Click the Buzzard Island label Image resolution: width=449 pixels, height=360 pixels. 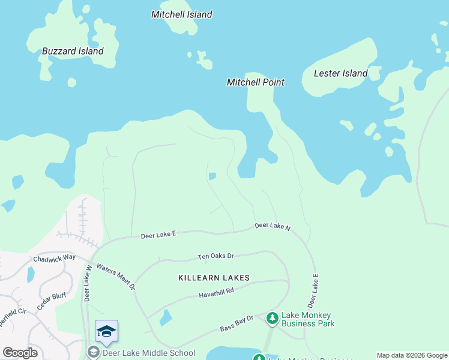click(x=73, y=51)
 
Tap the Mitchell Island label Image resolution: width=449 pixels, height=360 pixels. click(x=181, y=14)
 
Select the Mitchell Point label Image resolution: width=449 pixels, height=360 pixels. click(x=255, y=82)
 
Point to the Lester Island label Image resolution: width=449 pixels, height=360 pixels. click(x=340, y=73)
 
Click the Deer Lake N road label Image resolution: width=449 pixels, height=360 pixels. click(x=272, y=226)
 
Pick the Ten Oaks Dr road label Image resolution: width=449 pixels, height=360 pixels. click(x=215, y=257)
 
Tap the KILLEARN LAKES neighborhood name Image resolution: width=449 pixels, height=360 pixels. click(x=213, y=278)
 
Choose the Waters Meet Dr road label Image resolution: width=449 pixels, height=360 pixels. click(x=116, y=278)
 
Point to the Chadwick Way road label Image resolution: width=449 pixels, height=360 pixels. click(x=54, y=258)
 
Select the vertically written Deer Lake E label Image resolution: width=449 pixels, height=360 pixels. click(x=312, y=290)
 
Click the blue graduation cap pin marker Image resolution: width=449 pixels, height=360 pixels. click(x=106, y=332)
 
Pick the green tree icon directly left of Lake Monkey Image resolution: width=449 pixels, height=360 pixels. click(x=272, y=317)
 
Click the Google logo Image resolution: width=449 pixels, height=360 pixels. click(x=20, y=353)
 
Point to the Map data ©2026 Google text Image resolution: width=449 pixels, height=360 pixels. click(x=412, y=355)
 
